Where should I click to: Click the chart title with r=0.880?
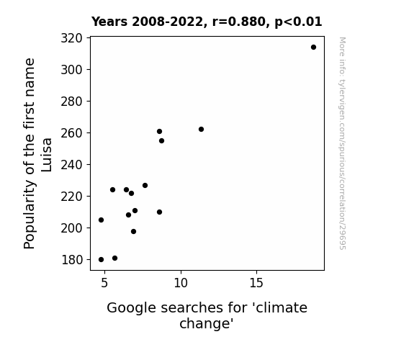tap(207, 22)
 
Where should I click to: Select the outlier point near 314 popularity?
tap(313, 48)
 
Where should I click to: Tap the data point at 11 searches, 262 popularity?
tap(201, 129)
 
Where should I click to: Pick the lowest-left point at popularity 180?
tap(101, 260)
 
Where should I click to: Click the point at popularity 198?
tap(134, 232)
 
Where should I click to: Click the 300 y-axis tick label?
tap(71, 70)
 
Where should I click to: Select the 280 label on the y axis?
tap(71, 102)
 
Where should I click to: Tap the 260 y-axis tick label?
tap(71, 133)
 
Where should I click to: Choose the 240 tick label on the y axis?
tap(71, 165)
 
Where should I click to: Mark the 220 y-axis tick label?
tap(71, 197)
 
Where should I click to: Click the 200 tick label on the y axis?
tap(71, 228)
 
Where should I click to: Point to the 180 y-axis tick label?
tap(72, 260)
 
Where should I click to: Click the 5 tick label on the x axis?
tap(104, 283)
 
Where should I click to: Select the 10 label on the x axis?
tap(181, 283)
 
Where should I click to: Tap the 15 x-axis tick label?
tap(256, 283)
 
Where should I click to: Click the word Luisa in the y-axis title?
tap(47, 155)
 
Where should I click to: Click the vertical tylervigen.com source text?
tap(342, 143)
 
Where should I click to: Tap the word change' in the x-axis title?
tap(207, 323)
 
